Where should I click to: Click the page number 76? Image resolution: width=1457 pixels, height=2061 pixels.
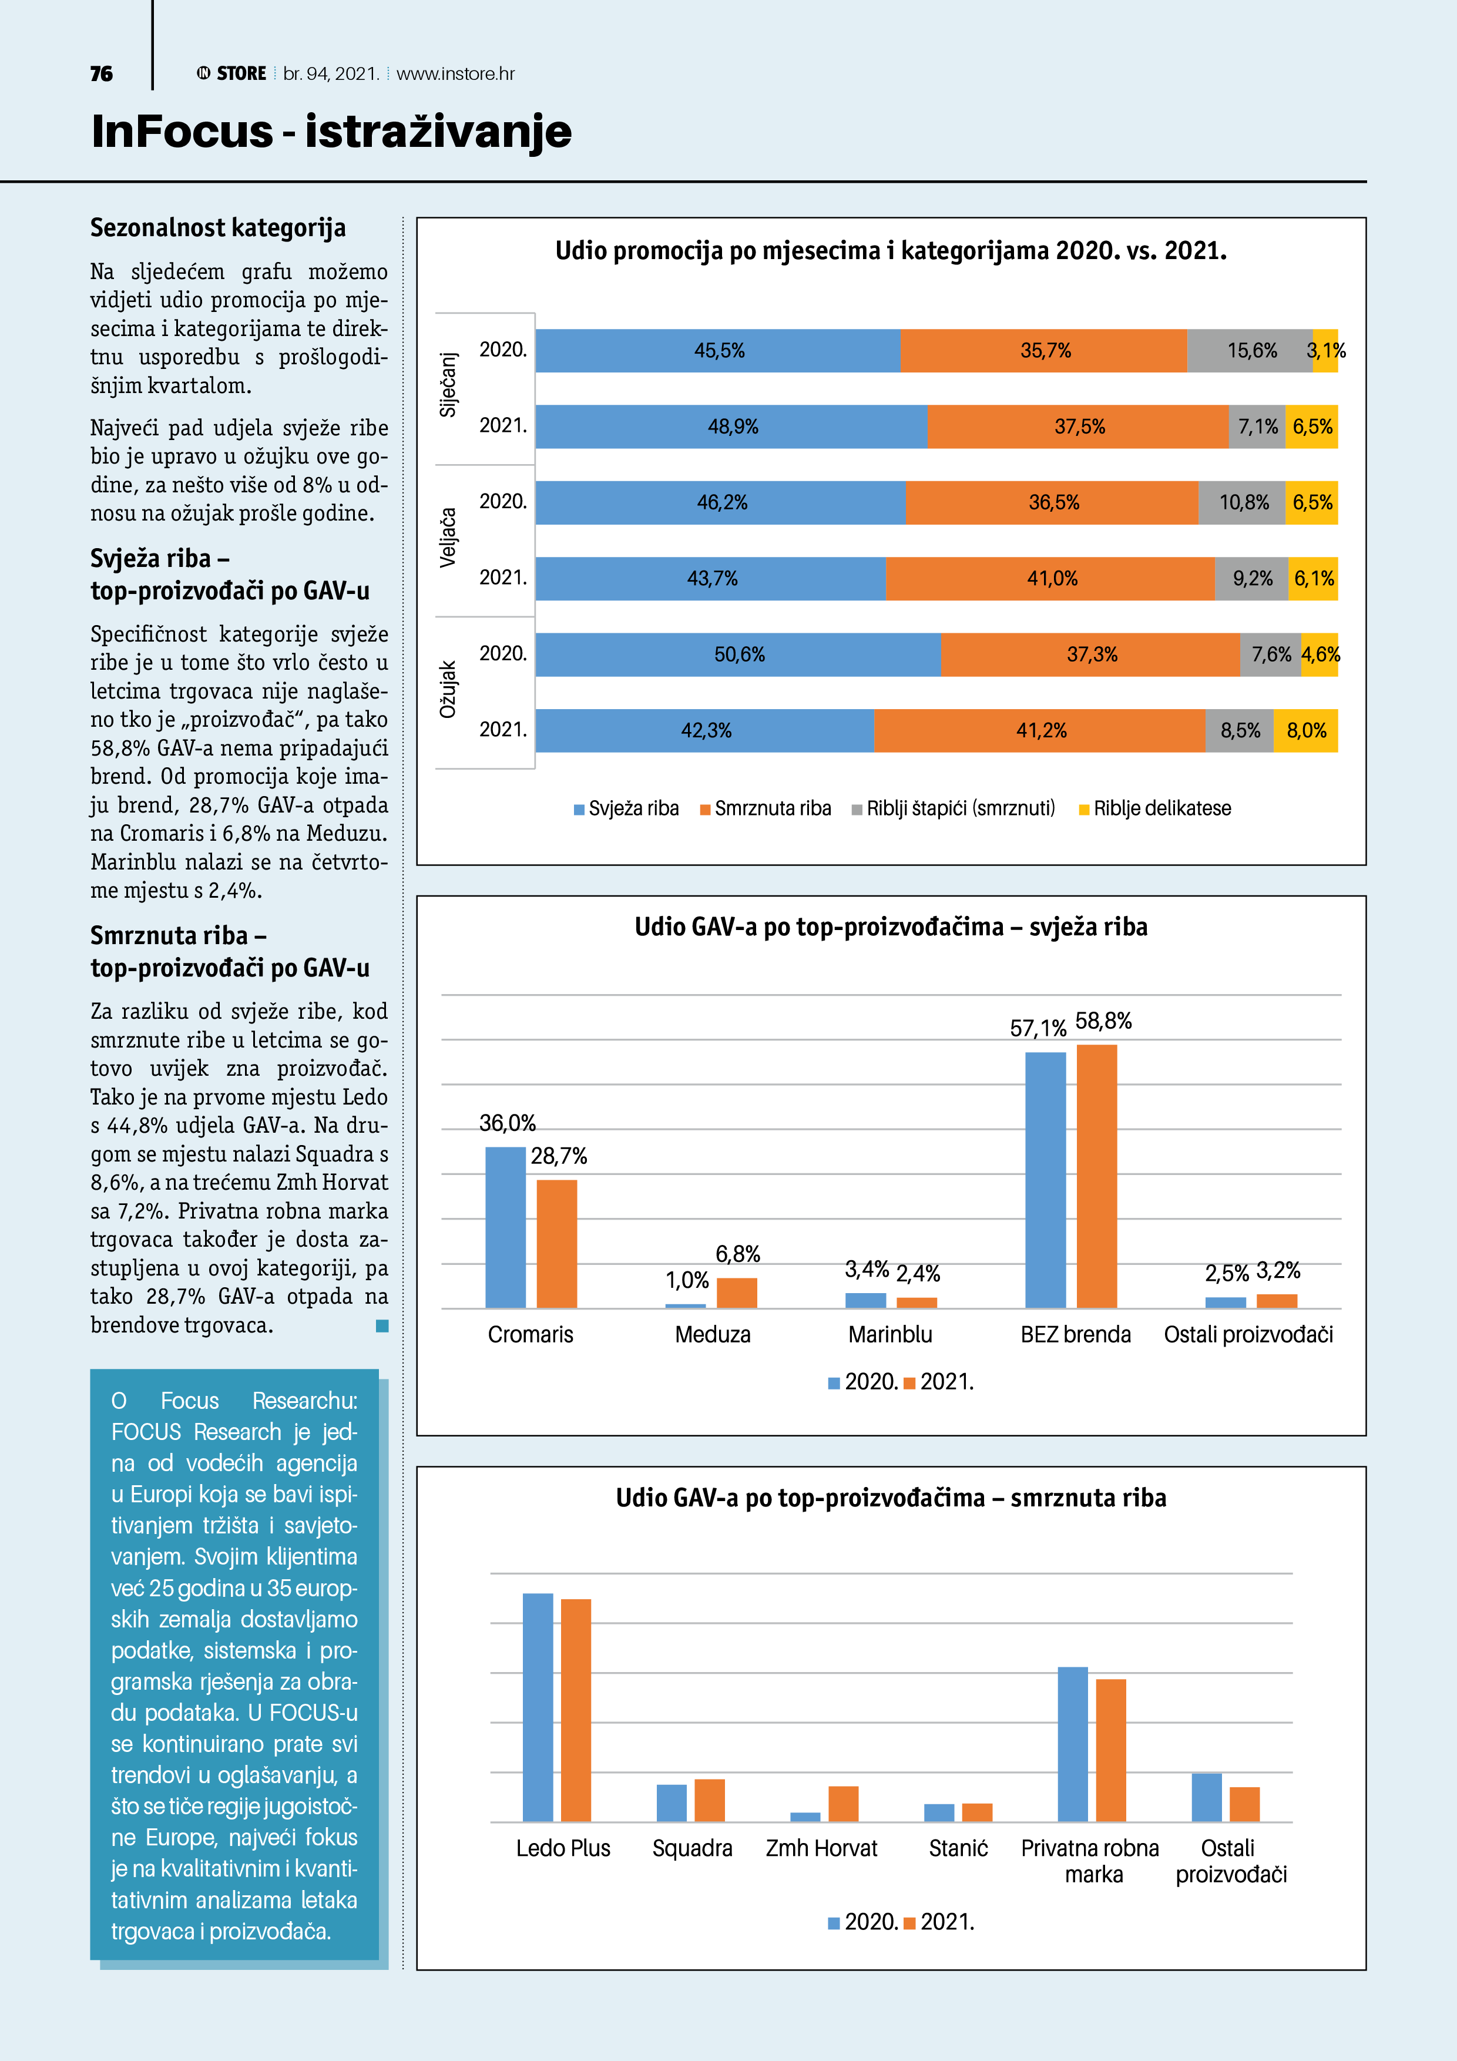102,73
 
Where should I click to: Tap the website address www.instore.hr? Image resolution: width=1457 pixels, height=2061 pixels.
455,73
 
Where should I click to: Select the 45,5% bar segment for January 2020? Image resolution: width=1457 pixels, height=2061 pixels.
718,351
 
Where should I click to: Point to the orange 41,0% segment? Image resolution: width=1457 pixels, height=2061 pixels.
1050,579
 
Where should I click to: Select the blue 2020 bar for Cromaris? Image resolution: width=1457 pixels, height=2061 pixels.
505,1227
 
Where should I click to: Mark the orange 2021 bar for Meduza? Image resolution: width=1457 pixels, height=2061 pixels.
737,1293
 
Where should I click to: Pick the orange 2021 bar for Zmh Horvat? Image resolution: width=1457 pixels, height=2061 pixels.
843,1804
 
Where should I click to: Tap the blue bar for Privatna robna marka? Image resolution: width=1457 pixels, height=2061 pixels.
1073,1744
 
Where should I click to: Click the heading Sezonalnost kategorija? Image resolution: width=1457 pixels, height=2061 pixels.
218,228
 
